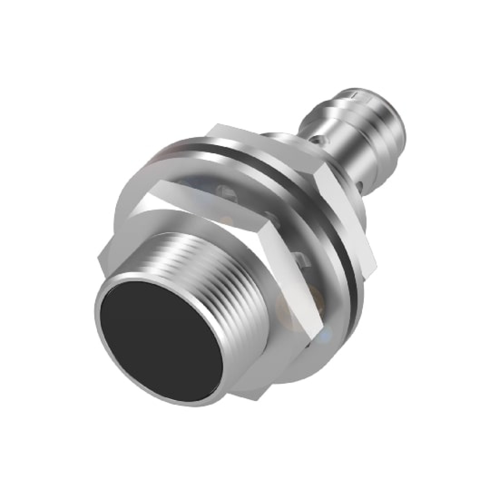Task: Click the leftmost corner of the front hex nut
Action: tap(99, 259)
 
